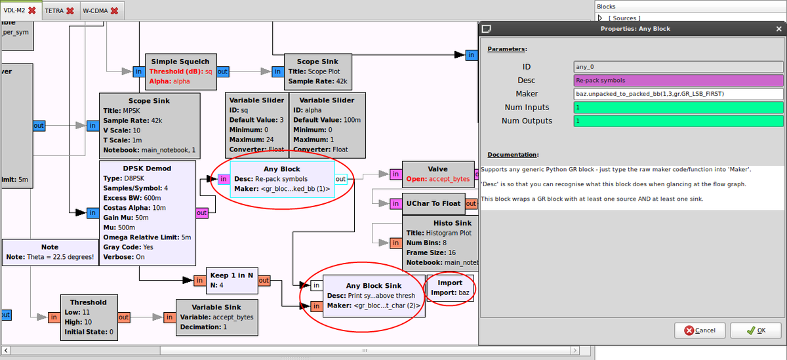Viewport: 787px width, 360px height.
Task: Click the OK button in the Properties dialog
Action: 756,330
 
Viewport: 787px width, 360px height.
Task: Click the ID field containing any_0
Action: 678,66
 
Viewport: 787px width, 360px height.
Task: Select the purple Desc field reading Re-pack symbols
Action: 678,80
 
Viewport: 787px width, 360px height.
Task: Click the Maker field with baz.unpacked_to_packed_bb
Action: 678,94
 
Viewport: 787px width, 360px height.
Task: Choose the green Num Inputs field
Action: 678,107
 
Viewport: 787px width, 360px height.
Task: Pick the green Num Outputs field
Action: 678,121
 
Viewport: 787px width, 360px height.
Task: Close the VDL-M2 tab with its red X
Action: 31,11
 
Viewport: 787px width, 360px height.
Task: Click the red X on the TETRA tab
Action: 70,11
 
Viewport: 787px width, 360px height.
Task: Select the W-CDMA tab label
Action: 95,11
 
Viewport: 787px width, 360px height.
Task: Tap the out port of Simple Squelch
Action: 223,71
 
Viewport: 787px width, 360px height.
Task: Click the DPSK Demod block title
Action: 147,169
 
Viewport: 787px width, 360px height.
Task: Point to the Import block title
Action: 450,283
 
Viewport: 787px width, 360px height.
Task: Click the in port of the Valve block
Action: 395,174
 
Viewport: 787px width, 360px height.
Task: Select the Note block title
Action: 50,247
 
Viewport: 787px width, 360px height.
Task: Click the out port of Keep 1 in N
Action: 264,281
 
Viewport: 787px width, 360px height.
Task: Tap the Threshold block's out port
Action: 123,317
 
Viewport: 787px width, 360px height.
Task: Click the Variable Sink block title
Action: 216,307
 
